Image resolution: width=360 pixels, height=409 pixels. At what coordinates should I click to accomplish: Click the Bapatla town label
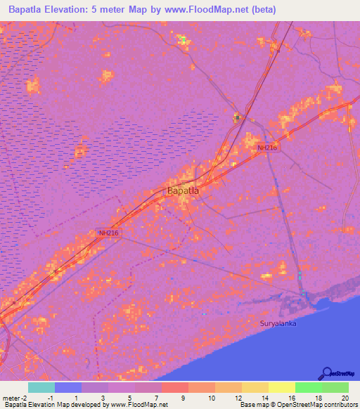tap(183, 190)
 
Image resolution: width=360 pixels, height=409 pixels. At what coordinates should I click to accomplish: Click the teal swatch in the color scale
tap(41, 387)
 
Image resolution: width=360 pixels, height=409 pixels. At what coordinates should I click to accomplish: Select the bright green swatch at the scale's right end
tap(335, 387)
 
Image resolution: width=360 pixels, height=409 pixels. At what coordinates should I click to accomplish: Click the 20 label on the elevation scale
tap(345, 398)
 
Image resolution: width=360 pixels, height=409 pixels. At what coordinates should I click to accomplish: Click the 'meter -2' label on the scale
tap(15, 398)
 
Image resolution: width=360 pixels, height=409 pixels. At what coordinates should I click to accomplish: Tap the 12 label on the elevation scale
tap(238, 398)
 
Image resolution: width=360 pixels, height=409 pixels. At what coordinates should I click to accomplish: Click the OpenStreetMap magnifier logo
tap(327, 372)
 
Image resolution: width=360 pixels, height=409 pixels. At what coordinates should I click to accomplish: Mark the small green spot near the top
tap(184, 39)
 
